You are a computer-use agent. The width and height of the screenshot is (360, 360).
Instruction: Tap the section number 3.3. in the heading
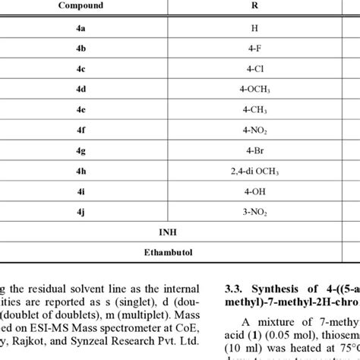235,287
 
